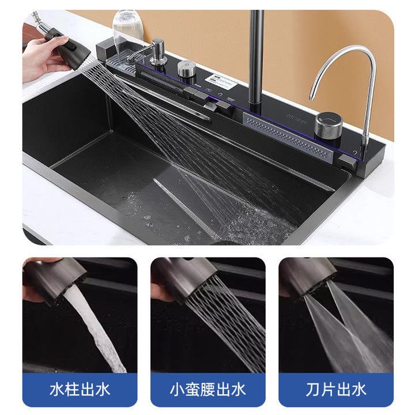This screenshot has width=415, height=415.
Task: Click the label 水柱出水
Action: (80, 389)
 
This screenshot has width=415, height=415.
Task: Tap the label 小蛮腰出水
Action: (207, 389)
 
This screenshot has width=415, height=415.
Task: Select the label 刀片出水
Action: (336, 389)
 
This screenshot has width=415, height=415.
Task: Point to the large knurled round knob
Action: (329, 125)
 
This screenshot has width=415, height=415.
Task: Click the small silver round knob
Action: (187, 68)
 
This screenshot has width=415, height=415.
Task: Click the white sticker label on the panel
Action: (221, 80)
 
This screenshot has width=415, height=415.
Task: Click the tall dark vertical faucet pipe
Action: (256, 58)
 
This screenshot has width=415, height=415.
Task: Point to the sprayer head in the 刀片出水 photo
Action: (308, 277)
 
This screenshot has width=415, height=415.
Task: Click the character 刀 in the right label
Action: (314, 389)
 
